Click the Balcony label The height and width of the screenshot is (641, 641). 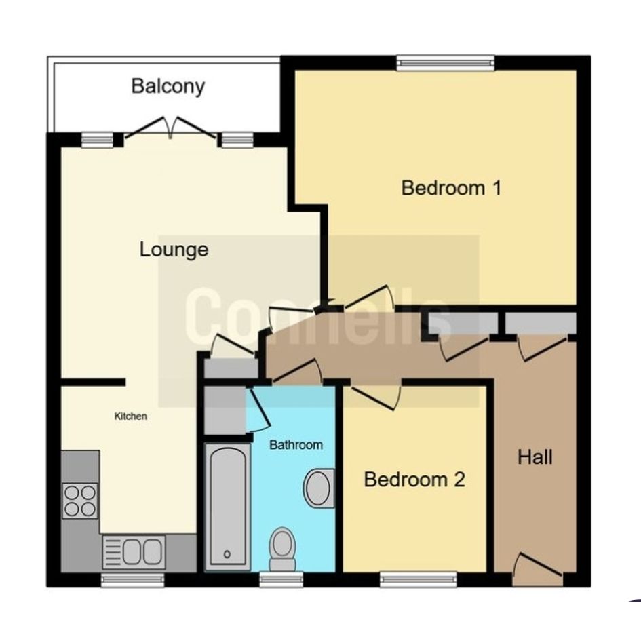[168, 87]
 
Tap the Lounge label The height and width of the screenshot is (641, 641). [174, 250]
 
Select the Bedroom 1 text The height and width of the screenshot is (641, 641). [451, 188]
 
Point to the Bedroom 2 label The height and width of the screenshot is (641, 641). [414, 480]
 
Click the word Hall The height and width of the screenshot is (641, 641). [535, 457]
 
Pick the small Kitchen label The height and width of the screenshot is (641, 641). [130, 416]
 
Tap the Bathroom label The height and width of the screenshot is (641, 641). [296, 445]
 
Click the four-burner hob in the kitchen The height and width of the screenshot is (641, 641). [80, 501]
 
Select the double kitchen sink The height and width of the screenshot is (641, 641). [134, 552]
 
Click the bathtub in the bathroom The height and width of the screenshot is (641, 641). [227, 507]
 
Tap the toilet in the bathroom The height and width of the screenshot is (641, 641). [282, 549]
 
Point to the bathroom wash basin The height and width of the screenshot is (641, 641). [319, 488]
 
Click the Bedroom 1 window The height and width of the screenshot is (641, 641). [446, 62]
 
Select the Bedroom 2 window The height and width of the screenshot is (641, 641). [419, 579]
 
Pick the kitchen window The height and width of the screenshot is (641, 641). [132, 580]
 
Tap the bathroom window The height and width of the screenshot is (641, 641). [281, 579]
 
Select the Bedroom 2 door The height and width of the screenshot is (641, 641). [376, 397]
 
